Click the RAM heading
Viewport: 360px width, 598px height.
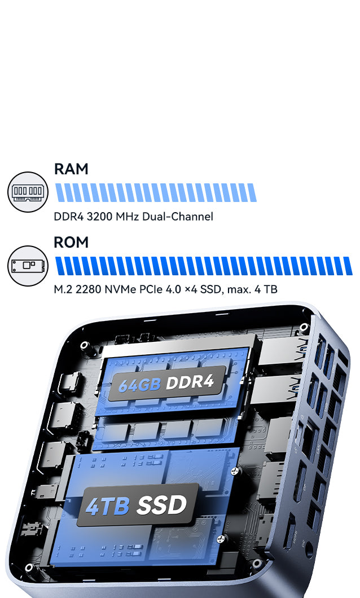71,169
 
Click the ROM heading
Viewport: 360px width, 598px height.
71,242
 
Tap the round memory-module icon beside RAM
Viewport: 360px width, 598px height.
28,192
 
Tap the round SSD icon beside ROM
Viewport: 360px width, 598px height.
28,266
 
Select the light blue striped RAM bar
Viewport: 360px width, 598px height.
156,192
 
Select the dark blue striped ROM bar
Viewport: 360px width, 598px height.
204,266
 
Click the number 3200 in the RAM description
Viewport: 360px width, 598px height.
99,217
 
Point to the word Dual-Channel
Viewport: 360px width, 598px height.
177,217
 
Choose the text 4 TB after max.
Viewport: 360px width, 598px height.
266,289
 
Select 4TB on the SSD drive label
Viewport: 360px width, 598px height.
108,506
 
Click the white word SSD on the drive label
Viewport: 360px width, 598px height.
162,505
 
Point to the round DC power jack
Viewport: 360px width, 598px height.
309,549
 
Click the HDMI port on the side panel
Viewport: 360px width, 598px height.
290,531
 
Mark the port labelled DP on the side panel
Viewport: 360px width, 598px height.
300,482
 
